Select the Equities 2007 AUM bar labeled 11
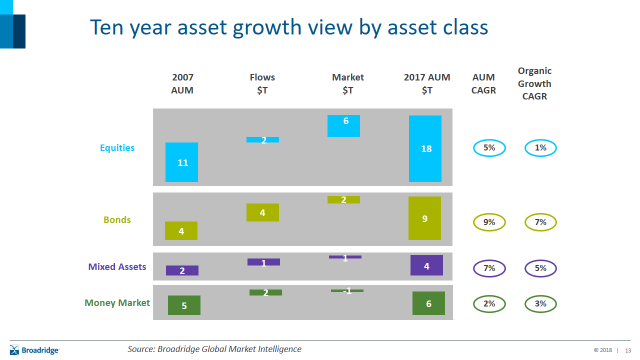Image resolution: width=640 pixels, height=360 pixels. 182,161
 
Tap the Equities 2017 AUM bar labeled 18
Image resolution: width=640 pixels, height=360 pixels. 425,148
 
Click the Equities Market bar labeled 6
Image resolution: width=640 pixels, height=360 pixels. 344,125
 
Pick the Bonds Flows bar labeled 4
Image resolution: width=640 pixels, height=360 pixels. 262,212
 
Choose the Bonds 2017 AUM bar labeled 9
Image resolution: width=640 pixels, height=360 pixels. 425,218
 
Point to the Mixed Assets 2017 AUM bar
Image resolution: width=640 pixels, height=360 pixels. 426,265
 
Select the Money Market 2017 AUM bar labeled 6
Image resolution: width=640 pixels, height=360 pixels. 428,303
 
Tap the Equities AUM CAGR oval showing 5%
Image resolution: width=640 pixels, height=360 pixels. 489,148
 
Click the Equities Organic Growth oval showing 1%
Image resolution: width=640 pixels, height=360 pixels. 540,148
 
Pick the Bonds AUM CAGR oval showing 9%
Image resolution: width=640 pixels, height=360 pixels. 489,222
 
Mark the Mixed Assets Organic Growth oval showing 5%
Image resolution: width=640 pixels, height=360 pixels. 540,268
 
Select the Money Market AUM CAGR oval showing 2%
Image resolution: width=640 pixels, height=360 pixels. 489,303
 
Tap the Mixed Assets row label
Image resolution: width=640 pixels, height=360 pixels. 117,267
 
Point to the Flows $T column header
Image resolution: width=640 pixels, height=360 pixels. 263,83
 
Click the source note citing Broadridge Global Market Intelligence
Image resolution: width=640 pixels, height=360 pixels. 214,348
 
